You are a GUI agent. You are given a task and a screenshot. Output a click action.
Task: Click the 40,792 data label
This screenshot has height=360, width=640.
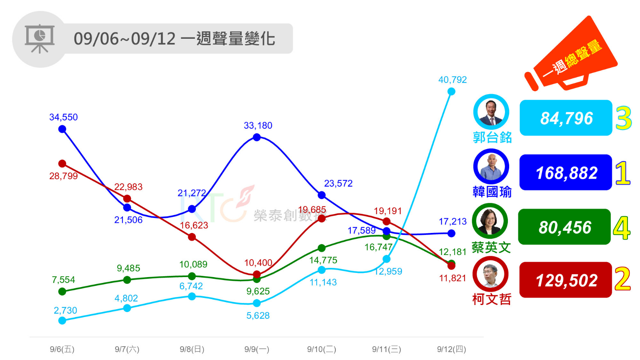tap(452, 80)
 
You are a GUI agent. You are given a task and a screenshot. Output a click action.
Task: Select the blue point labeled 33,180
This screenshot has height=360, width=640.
tap(257, 137)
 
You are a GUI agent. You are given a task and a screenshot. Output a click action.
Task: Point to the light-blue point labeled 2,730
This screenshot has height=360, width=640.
tap(62, 320)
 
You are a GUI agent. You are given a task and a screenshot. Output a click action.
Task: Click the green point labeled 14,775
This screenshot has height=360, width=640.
tap(322, 248)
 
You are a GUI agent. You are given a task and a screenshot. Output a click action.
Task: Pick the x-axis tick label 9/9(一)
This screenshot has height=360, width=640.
tap(257, 349)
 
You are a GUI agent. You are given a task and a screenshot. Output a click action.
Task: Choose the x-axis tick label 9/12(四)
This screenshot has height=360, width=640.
tap(451, 349)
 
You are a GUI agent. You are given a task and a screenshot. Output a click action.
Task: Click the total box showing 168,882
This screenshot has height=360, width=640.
tap(566, 172)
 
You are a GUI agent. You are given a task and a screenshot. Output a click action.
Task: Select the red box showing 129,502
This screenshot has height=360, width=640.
tap(565, 280)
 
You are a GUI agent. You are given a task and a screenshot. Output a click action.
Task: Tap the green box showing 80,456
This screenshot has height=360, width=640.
tap(565, 227)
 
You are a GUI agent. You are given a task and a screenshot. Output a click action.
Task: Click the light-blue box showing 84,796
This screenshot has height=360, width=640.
tap(566, 118)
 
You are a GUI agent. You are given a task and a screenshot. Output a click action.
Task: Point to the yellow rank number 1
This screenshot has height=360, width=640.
tap(623, 173)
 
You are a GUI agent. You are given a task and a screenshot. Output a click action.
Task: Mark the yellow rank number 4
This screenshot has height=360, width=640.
tap(622, 228)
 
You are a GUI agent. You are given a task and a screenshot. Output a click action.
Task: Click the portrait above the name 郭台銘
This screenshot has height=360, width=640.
tap(491, 112)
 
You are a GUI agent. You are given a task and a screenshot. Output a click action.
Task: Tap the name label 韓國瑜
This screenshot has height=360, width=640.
tap(492, 192)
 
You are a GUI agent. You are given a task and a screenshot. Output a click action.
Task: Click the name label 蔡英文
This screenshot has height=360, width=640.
tap(491, 247)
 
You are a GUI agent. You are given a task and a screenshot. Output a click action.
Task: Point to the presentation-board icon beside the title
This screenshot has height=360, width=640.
tap(40, 39)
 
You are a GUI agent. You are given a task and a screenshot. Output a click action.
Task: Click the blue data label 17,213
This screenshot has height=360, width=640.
tap(452, 222)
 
